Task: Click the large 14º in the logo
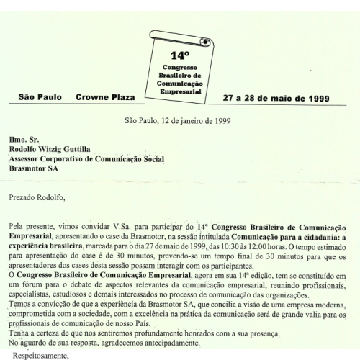point(180,55)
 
